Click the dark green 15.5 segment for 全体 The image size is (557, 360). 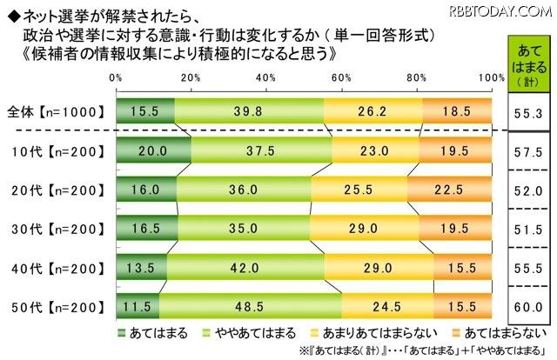pos(144,112)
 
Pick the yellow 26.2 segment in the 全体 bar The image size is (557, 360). pos(372,112)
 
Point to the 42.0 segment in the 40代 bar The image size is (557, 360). pos(245,269)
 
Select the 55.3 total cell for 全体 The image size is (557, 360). pos(528,113)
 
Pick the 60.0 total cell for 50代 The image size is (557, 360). pos(528,307)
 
